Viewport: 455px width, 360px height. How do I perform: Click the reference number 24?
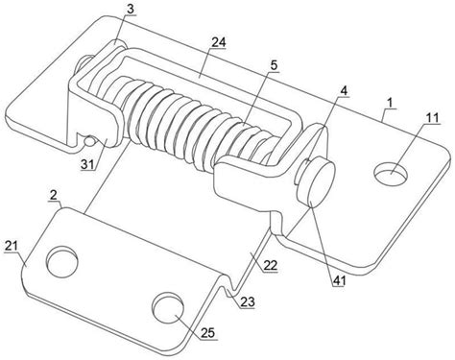click(x=218, y=42)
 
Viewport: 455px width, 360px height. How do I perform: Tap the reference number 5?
click(x=274, y=65)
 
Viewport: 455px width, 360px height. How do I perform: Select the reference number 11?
click(x=432, y=117)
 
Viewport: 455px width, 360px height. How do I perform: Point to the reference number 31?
click(x=87, y=164)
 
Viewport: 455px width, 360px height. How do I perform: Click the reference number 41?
click(x=339, y=280)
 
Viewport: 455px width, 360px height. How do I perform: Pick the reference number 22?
click(x=271, y=265)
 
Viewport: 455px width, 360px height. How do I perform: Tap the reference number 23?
click(x=248, y=301)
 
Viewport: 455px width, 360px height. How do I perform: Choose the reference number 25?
click(x=208, y=333)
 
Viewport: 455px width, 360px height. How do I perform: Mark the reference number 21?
click(x=11, y=247)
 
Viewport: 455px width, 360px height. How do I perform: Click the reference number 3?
click(x=130, y=9)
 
